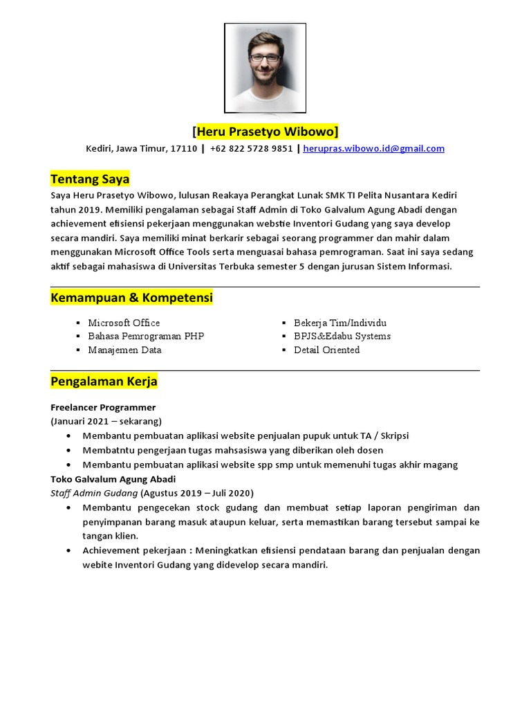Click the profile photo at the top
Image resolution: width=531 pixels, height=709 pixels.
(265, 68)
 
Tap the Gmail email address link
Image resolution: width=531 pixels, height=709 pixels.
(373, 148)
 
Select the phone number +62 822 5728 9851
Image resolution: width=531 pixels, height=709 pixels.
(251, 148)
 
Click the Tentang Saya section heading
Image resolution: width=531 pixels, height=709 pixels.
(90, 179)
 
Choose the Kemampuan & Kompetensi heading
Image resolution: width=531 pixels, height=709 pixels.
(131, 298)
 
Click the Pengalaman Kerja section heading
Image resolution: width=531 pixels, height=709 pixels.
(104, 381)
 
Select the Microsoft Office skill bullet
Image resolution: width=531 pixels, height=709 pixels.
(124, 323)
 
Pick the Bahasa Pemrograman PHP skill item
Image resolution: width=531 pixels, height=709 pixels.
(146, 336)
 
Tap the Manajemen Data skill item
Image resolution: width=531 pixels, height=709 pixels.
(124, 350)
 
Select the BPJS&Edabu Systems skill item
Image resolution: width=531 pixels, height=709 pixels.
(342, 336)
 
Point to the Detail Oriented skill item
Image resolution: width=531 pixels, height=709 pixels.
(326, 350)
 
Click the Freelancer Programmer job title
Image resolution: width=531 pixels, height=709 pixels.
(103, 407)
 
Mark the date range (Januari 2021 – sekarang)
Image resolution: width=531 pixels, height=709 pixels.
(106, 421)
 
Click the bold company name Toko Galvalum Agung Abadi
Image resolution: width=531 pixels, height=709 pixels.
(113, 479)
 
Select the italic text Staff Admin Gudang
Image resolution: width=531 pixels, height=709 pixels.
(94, 493)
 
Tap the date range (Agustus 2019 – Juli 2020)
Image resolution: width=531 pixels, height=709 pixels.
(197, 493)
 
